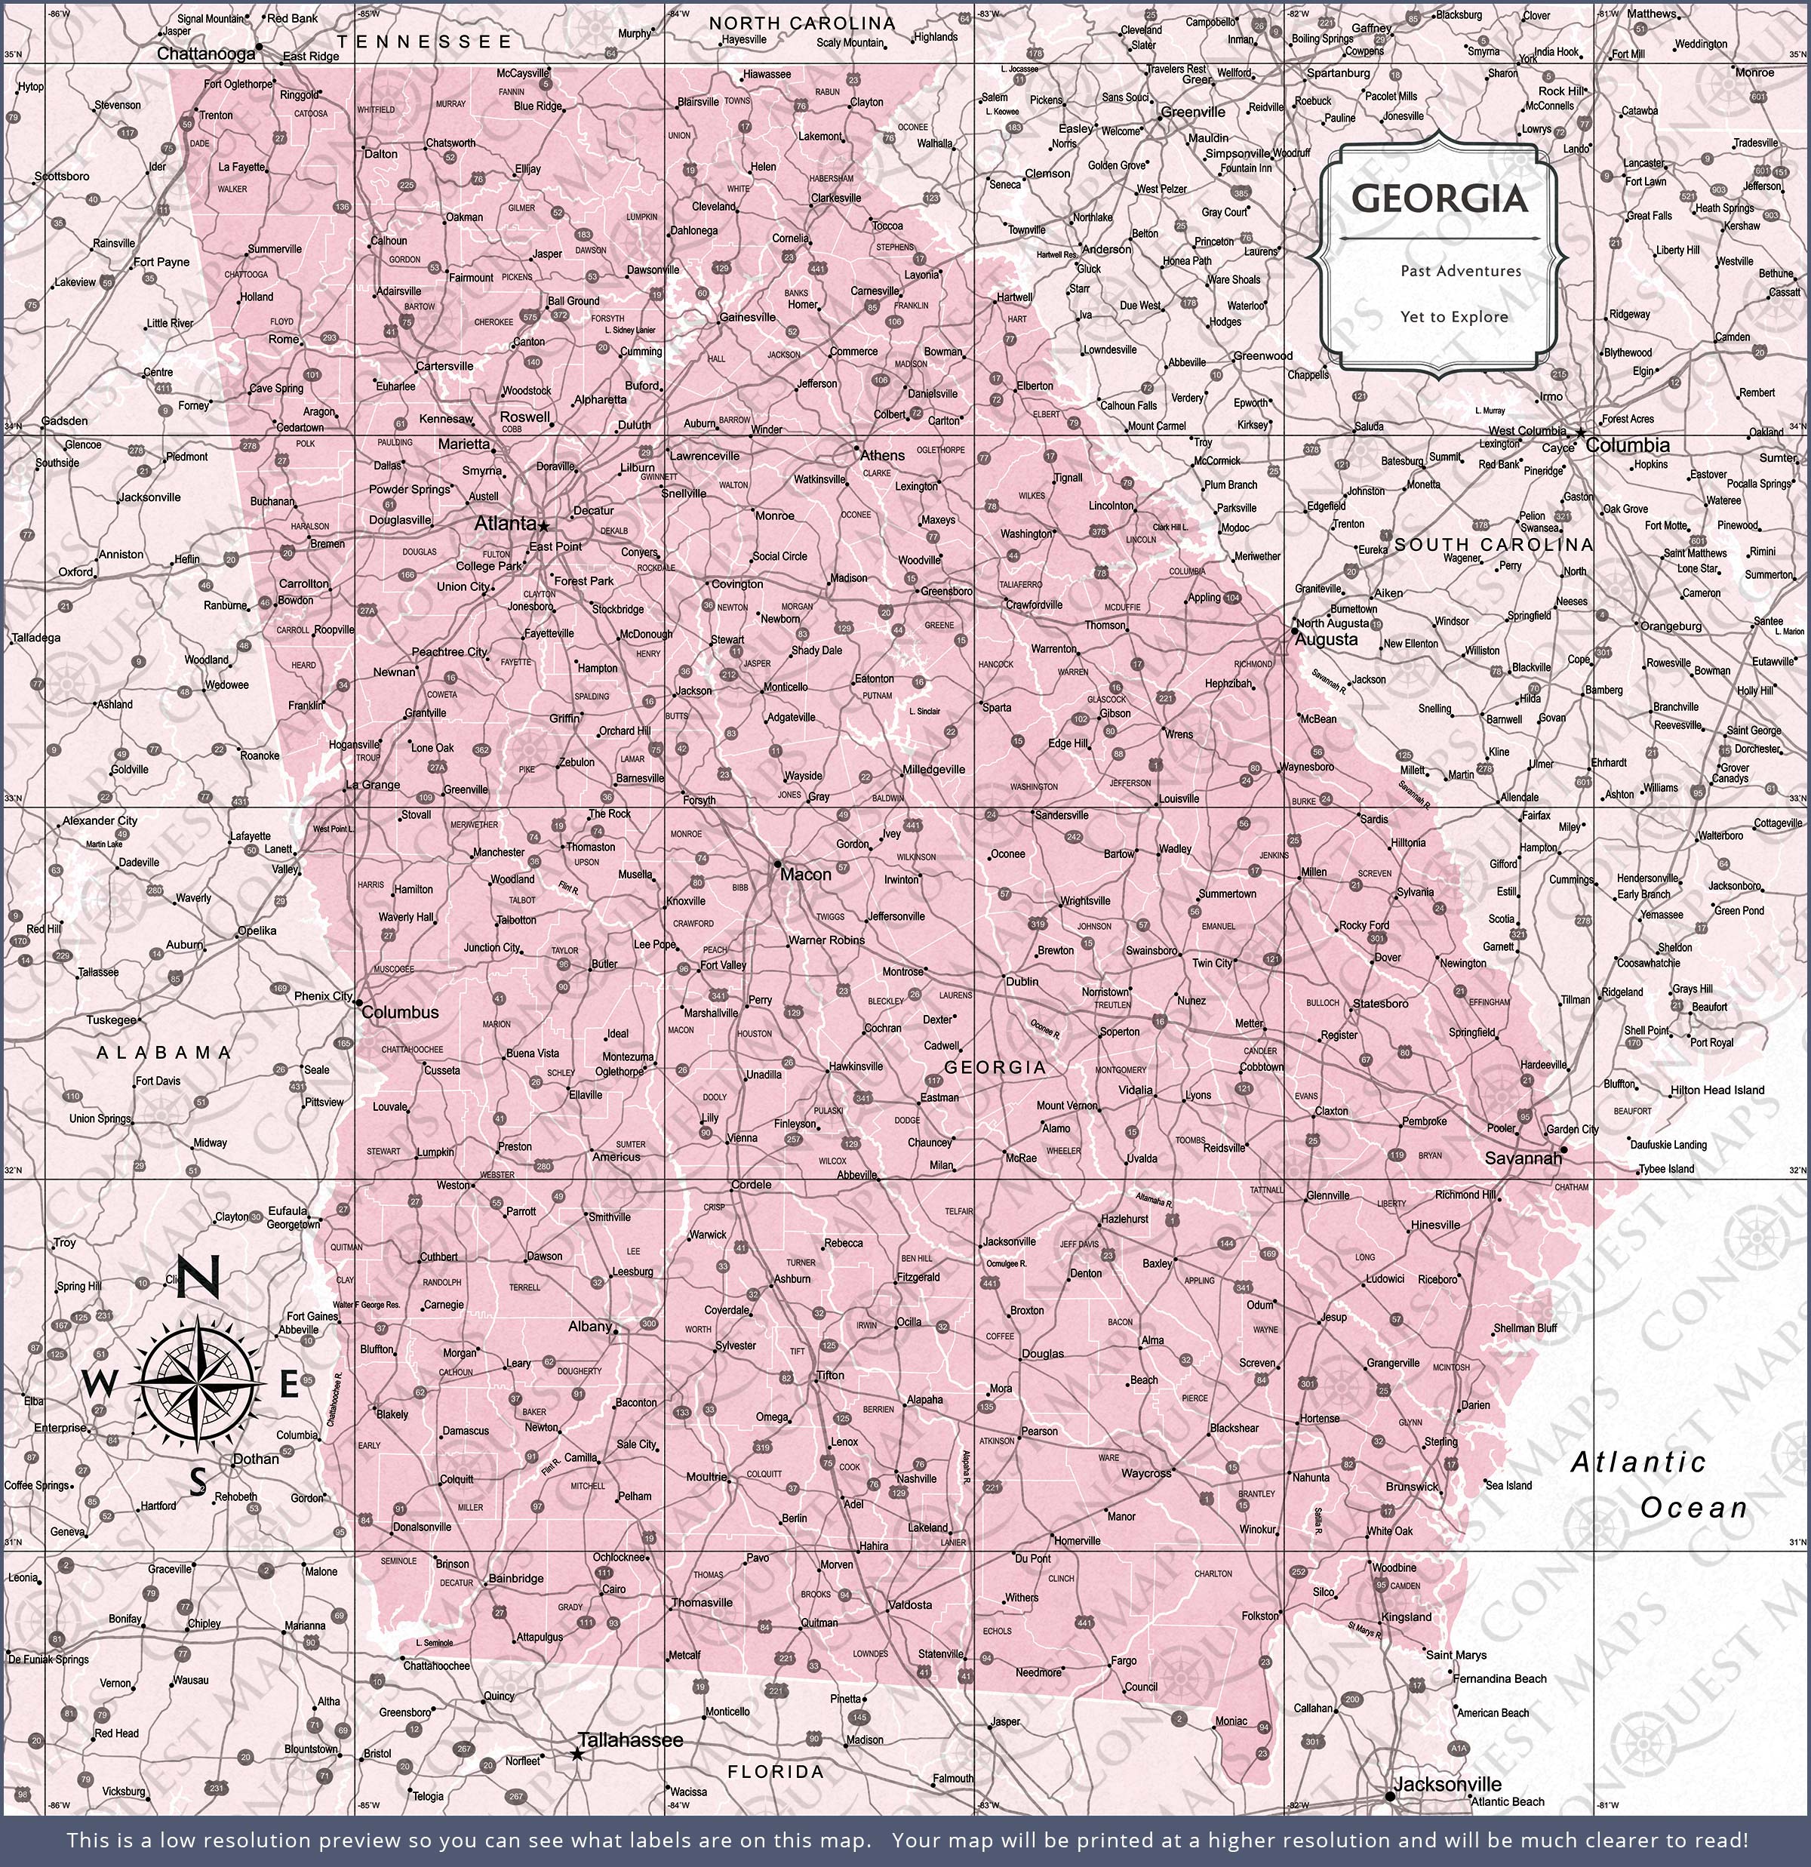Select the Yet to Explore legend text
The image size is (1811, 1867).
point(1454,317)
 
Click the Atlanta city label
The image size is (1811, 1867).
point(505,523)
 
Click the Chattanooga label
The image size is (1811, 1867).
point(206,54)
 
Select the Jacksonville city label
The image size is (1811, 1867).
point(1447,1785)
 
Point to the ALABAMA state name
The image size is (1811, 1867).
point(164,1053)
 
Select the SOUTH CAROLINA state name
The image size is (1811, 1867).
point(1493,545)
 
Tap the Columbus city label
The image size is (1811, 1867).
point(400,1013)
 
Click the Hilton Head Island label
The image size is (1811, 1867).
point(1717,1090)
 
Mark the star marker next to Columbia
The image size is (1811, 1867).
point(1580,433)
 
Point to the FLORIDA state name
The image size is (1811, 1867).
point(776,1772)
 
